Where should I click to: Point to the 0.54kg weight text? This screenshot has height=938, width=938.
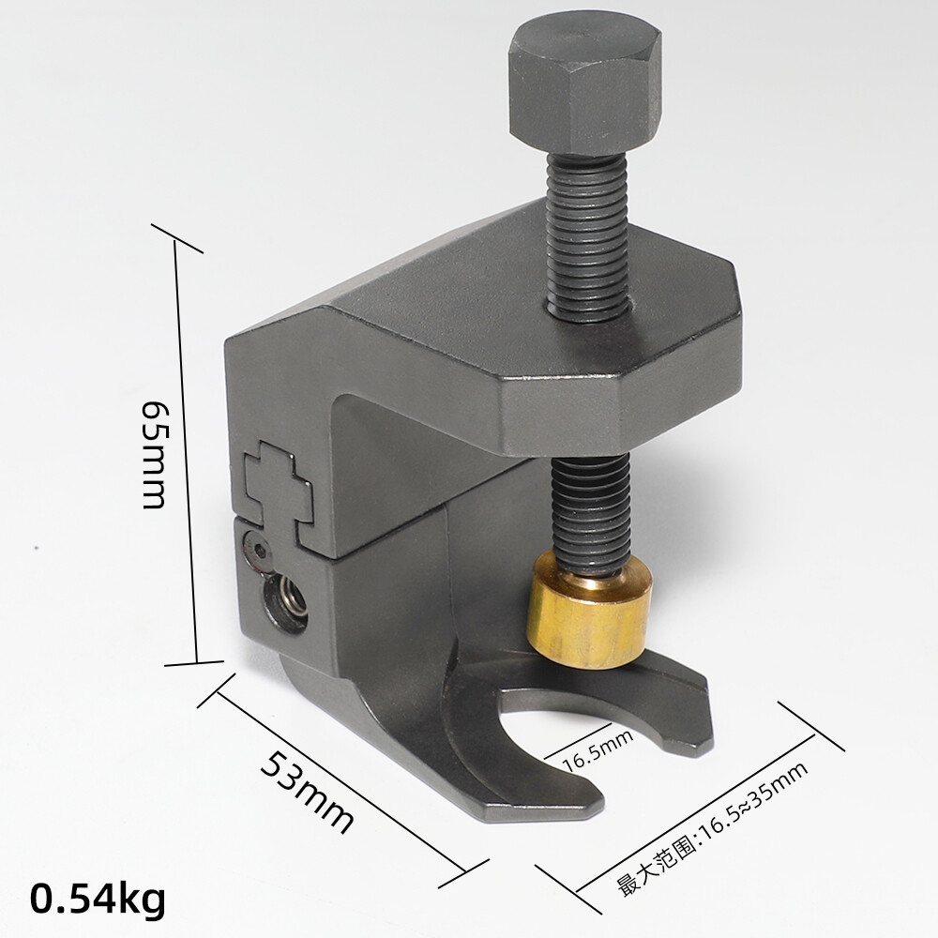(x=98, y=900)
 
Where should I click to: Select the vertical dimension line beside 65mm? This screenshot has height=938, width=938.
(x=185, y=450)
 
